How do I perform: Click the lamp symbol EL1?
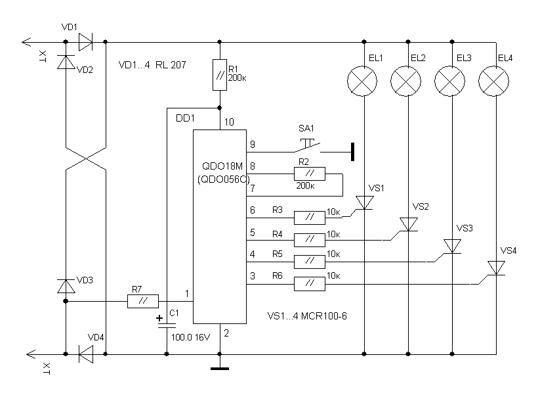pyautogui.click(x=363, y=81)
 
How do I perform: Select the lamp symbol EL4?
pyautogui.click(x=493, y=81)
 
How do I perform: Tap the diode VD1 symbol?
pyautogui.click(x=85, y=43)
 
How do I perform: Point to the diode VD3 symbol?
pyautogui.click(x=66, y=286)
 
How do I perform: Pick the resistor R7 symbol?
pyautogui.click(x=143, y=302)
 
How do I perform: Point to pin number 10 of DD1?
pyautogui.click(x=228, y=122)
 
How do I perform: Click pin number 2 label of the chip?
pyautogui.click(x=227, y=334)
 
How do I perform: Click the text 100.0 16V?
pyautogui.click(x=190, y=337)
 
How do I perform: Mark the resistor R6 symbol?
pyautogui.click(x=309, y=284)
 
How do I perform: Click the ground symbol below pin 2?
pyautogui.click(x=220, y=367)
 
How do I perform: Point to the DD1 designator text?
pyautogui.click(x=186, y=118)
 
